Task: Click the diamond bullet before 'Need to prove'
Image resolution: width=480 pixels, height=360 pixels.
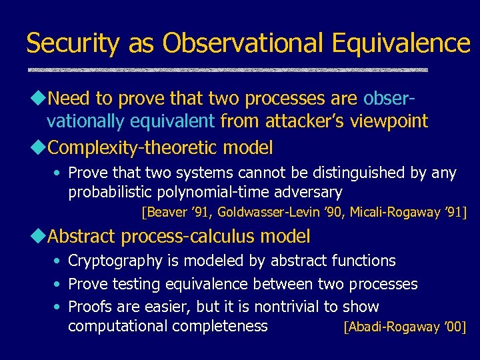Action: click(x=38, y=99)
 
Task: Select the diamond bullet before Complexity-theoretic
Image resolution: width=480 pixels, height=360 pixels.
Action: click(x=38, y=146)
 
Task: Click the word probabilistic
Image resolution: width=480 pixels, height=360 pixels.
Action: click(x=109, y=193)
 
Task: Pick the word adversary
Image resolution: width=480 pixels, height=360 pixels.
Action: click(x=307, y=193)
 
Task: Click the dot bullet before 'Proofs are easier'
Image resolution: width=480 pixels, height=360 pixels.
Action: click(x=58, y=307)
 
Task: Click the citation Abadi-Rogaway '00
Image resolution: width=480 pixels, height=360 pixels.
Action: click(x=404, y=327)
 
